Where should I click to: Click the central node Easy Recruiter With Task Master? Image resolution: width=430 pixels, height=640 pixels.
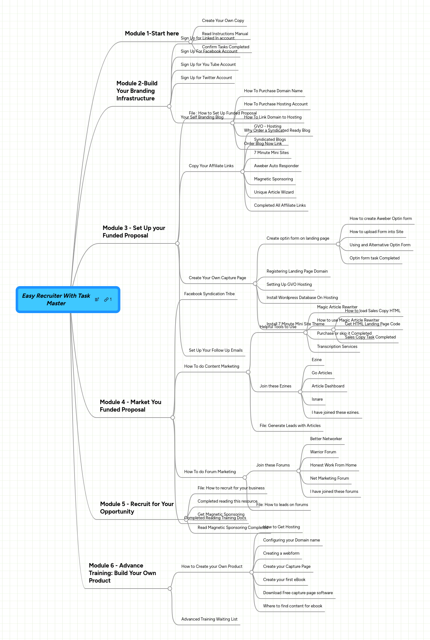coord(56,300)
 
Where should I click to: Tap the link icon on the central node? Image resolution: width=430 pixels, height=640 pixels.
coord(107,300)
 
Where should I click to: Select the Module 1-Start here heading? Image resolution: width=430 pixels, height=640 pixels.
coord(152,34)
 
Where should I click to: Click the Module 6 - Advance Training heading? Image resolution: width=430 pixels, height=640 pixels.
coord(122,573)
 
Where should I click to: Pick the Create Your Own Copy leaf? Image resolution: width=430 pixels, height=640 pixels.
coord(223,21)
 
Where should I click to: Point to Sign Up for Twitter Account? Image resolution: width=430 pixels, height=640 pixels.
coord(206,78)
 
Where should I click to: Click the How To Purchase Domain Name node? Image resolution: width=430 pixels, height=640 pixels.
coord(273,91)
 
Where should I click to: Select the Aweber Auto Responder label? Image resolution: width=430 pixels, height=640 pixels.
coord(276,166)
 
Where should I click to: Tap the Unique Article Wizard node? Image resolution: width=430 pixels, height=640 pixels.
coord(274,192)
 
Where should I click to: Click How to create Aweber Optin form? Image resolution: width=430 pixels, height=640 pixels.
coord(380,219)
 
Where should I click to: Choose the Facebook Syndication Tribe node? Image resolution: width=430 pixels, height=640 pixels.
coord(209,294)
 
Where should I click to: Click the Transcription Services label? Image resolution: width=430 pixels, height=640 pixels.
coord(337,347)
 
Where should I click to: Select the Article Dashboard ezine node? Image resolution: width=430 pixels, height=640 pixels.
coord(328,386)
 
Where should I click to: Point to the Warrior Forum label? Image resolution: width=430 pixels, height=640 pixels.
coord(323,452)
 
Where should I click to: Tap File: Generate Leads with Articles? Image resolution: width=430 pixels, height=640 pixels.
coord(290,426)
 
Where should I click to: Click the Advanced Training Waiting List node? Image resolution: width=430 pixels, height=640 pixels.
coord(209,619)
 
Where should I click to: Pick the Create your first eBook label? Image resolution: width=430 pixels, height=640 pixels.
coord(284,580)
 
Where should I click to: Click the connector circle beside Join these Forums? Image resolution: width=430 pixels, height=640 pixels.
coord(299,471)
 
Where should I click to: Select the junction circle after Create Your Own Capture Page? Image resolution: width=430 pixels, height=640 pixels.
coord(255,284)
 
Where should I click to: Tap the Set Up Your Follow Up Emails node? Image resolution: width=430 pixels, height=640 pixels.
coord(216,350)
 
